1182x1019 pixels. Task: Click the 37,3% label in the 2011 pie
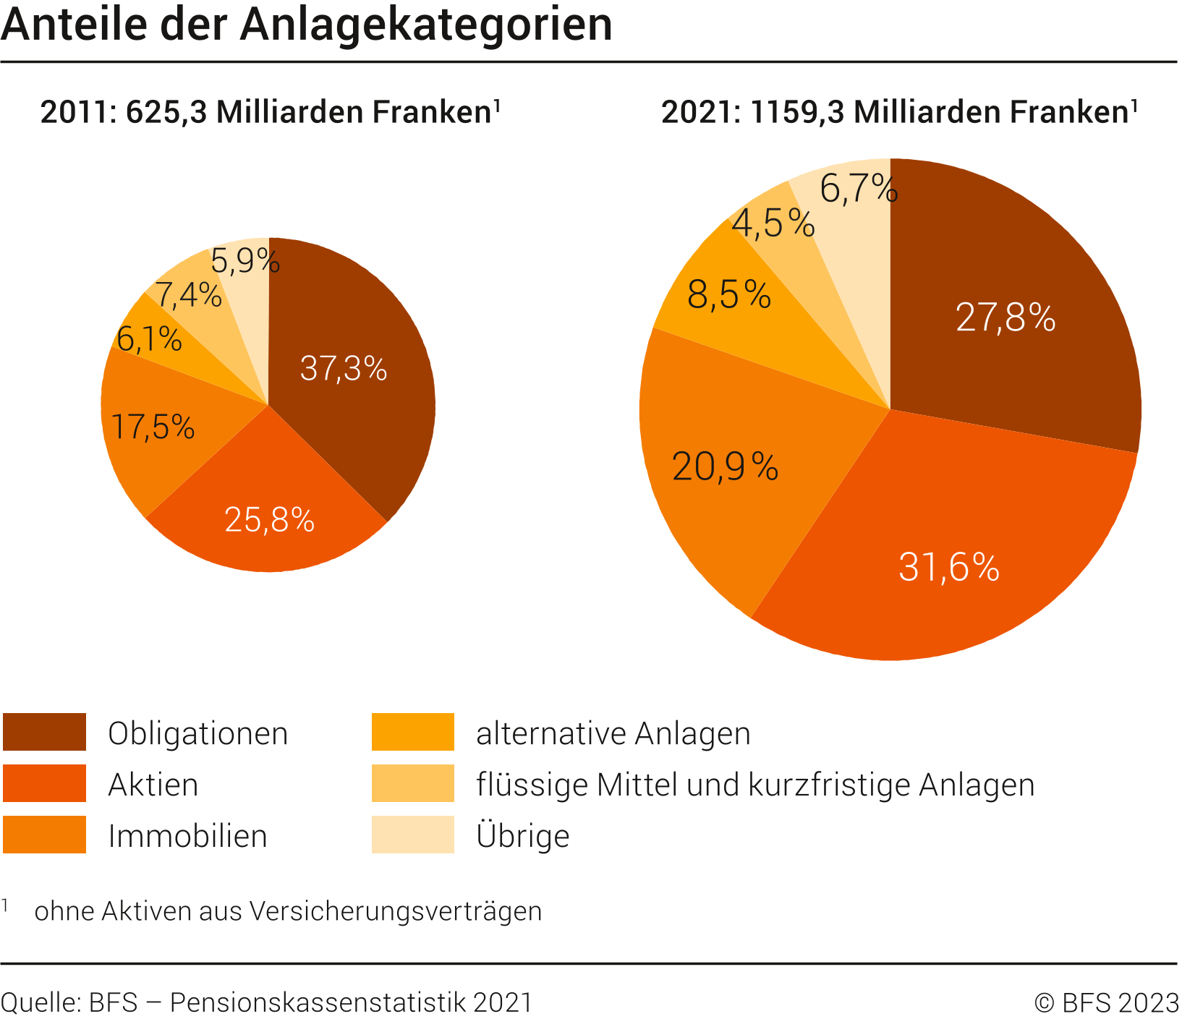pyautogui.click(x=344, y=368)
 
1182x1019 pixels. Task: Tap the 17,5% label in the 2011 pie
pyautogui.click(x=153, y=427)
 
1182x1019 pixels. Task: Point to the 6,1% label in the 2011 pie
pyautogui.click(x=149, y=338)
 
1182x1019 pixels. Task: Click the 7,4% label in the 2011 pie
pyautogui.click(x=188, y=295)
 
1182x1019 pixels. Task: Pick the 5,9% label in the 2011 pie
pyautogui.click(x=245, y=260)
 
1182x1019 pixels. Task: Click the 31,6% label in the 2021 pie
pyautogui.click(x=948, y=567)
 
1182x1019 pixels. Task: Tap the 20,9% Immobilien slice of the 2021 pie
pyautogui.click(x=725, y=466)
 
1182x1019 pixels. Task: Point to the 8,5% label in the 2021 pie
pyautogui.click(x=729, y=295)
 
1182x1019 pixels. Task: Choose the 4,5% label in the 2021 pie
pyautogui.click(x=773, y=223)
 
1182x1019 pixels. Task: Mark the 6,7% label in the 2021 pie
pyautogui.click(x=859, y=189)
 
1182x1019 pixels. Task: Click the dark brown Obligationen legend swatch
pyautogui.click(x=44, y=732)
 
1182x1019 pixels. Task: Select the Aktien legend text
pyautogui.click(x=153, y=785)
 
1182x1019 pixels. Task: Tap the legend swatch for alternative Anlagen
pyautogui.click(x=412, y=732)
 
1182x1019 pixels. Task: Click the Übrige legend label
pyautogui.click(x=523, y=836)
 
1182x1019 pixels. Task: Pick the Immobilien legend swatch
pyautogui.click(x=44, y=835)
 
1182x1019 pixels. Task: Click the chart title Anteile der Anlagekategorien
pyautogui.click(x=307, y=25)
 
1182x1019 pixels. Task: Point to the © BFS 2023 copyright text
pyautogui.click(x=1107, y=1003)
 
